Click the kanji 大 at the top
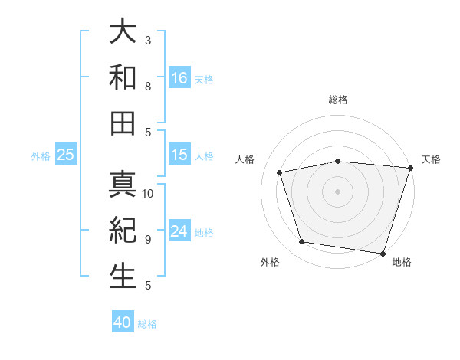[x=123, y=33]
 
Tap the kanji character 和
[x=123, y=77]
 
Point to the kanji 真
[x=123, y=184]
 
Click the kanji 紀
[x=123, y=230]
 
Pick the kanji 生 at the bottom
[x=123, y=276]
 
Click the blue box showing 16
[x=179, y=77]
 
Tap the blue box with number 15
[x=179, y=155]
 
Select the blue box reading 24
[x=179, y=231]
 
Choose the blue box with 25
[x=66, y=155]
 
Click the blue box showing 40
[x=123, y=322]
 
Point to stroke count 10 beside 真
[x=148, y=194]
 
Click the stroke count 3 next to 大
[x=148, y=39]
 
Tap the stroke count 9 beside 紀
[x=148, y=239]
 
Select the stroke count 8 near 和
[x=148, y=87]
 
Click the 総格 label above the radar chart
[x=338, y=100]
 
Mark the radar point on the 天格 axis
[x=410, y=168]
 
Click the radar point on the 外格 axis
[x=301, y=242]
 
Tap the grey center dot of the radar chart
[x=337, y=191]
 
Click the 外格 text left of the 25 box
[x=41, y=155]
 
